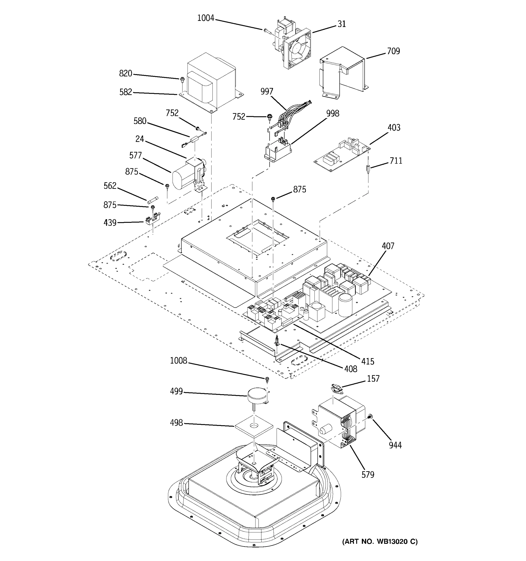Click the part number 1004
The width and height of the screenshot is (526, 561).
pyautogui.click(x=205, y=18)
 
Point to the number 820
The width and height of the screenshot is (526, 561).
pyautogui.click(x=126, y=74)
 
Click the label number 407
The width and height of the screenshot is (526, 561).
pyautogui.click(x=388, y=246)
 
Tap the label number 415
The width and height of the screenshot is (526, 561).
pyautogui.click(x=368, y=361)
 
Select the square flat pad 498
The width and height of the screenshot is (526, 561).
pyautogui.click(x=254, y=426)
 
